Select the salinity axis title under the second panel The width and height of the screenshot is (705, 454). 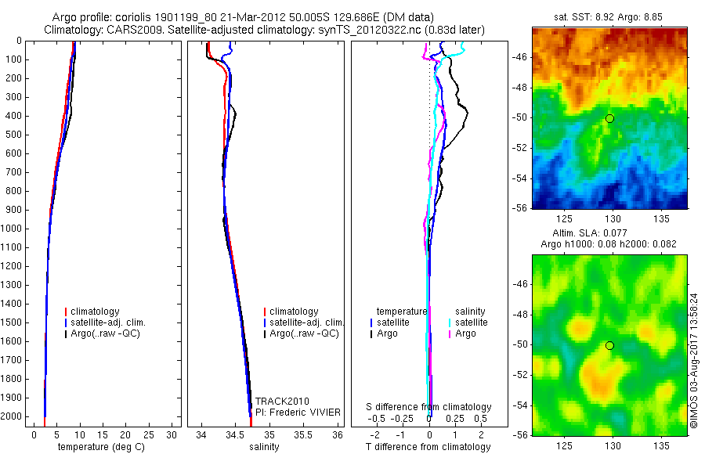tap(264, 447)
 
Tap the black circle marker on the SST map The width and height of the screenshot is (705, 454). tap(610, 118)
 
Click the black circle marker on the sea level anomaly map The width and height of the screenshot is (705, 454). tap(610, 345)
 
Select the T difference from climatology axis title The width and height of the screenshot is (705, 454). tap(428, 447)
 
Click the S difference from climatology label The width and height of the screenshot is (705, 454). tap(429, 407)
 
